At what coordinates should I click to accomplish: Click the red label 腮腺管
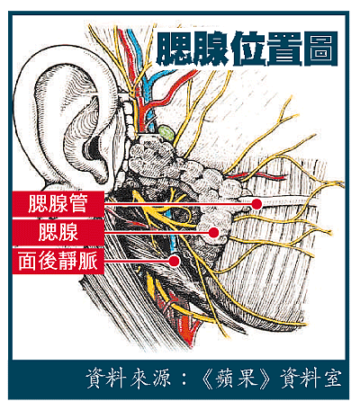point(58,204)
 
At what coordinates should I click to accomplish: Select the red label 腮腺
point(58,233)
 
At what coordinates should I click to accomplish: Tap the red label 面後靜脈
point(58,261)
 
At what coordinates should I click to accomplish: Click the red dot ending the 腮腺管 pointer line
point(256,204)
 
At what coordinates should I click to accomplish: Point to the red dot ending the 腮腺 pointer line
point(213,233)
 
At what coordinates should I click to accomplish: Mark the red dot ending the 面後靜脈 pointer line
point(174,261)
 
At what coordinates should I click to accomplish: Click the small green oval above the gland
point(166,133)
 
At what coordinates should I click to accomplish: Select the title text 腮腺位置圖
point(247,49)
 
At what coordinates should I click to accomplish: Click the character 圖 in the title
point(320,49)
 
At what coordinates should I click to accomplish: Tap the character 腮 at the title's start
point(174,49)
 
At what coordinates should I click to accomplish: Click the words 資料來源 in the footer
point(129,379)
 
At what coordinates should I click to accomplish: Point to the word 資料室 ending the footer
point(310,379)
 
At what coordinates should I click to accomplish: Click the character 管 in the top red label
point(77,204)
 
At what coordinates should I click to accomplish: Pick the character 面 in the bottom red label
point(27,261)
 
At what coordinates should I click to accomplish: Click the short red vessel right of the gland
point(257,176)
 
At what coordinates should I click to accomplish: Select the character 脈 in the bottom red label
point(88,261)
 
